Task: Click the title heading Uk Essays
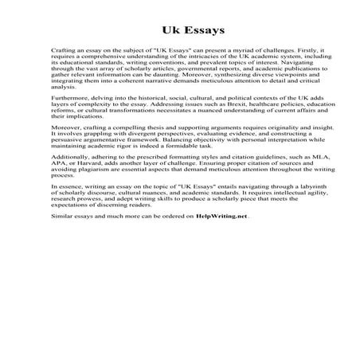[x=179, y=31]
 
